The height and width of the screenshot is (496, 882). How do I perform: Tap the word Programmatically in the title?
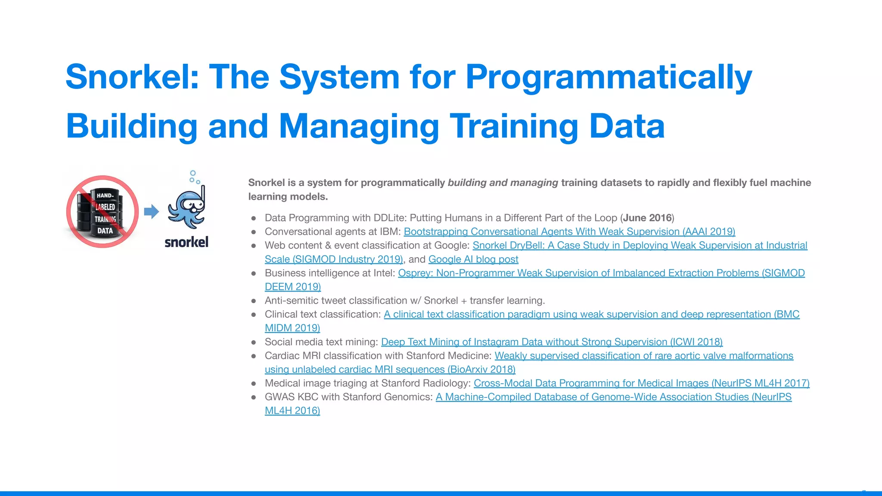(x=609, y=77)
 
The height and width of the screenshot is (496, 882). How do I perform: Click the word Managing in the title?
(x=359, y=126)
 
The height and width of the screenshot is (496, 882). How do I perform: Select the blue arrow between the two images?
(x=151, y=211)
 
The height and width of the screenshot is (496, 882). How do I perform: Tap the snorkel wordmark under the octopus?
(x=186, y=242)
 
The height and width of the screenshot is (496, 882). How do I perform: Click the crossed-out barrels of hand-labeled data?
(x=102, y=212)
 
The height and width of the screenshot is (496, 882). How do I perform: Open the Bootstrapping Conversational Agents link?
(x=569, y=232)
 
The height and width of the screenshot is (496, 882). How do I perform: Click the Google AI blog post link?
(x=473, y=259)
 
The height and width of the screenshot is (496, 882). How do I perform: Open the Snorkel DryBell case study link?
(x=640, y=245)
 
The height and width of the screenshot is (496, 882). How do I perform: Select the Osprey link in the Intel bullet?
(x=601, y=273)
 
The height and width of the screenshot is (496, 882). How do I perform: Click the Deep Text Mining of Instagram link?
(x=551, y=342)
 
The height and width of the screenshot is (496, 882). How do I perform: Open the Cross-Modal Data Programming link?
(x=641, y=383)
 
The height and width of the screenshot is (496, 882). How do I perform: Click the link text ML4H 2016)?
(x=292, y=411)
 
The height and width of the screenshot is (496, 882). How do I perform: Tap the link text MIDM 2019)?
(x=292, y=328)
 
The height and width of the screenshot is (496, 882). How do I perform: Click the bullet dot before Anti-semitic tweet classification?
(x=254, y=301)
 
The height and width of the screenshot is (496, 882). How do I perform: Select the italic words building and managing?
(x=503, y=183)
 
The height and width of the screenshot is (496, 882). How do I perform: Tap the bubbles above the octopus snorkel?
(x=194, y=177)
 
